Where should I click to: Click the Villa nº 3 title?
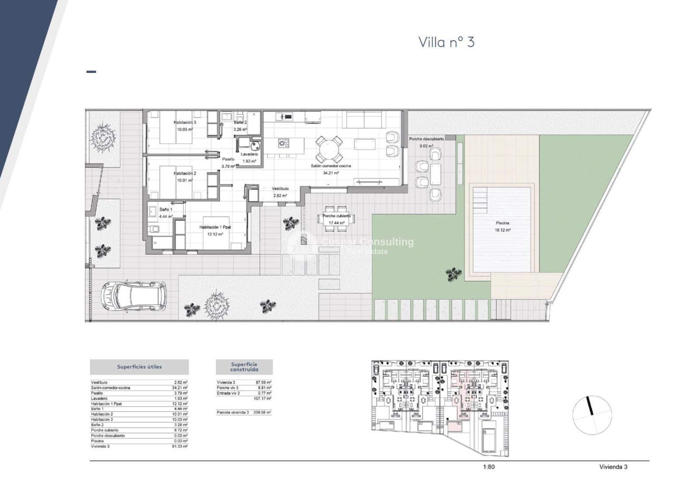[x=446, y=42]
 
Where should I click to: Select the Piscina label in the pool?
[x=502, y=223]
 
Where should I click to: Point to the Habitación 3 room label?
[x=184, y=123]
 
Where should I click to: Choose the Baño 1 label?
[x=166, y=210]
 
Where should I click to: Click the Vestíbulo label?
[x=280, y=189]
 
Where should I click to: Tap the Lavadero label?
[x=249, y=154]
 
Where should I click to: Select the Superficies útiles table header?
[x=139, y=367]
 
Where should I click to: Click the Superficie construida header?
[x=244, y=367]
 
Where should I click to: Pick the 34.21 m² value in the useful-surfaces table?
[x=180, y=388]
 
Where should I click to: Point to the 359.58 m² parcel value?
[x=262, y=412]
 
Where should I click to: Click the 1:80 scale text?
[x=489, y=467]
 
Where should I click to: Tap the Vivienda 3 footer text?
[x=613, y=467]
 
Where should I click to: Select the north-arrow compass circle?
[x=592, y=415]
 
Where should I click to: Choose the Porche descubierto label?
[x=426, y=139]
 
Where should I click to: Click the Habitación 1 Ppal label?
[x=215, y=227]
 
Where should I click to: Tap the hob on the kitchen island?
[x=284, y=142]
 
